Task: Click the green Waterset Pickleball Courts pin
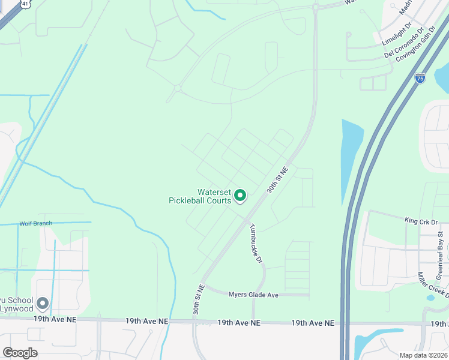[x=240, y=196]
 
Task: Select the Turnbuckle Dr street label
[x=256, y=244]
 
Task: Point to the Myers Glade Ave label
[x=253, y=295]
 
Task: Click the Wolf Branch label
[x=35, y=223]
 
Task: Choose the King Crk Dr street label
[x=421, y=221]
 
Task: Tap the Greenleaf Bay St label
[x=440, y=254]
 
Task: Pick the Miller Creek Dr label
[x=432, y=285]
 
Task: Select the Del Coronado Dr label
[x=404, y=43]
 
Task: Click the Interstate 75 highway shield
[x=420, y=77]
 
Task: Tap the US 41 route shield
[x=25, y=4]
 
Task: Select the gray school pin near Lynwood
[x=43, y=302]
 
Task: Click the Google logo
[x=20, y=353]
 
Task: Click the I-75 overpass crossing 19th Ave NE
[x=345, y=323]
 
